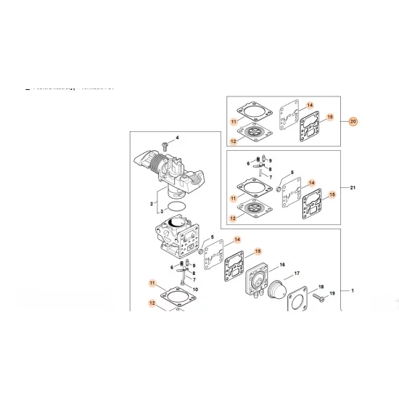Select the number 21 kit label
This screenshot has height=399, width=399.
[353, 189]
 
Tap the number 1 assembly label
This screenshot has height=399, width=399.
[353, 291]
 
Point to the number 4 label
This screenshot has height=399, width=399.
[176, 138]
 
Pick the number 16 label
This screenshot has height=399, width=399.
[281, 265]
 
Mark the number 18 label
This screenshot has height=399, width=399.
[322, 287]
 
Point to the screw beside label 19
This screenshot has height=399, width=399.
[320, 297]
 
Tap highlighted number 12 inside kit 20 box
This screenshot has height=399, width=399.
[234, 141]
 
